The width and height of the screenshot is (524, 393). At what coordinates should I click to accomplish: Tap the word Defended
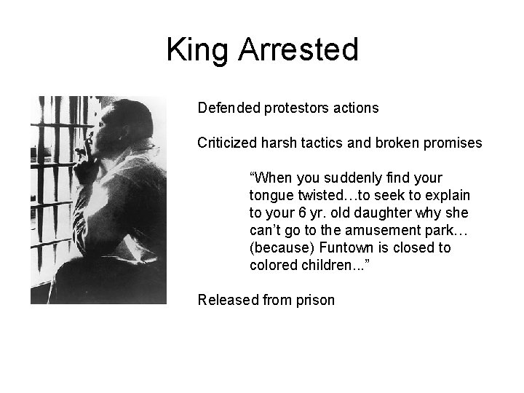click(x=228, y=108)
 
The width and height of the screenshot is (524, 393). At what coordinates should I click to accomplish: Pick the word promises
click(x=453, y=143)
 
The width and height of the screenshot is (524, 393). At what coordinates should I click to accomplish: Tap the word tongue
click(x=271, y=196)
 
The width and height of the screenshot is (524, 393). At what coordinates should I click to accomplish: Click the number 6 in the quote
click(x=300, y=213)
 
